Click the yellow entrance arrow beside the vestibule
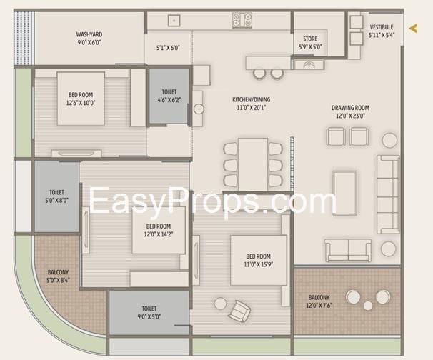point(414,28)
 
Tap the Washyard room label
point(89,34)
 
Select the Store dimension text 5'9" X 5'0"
point(310,47)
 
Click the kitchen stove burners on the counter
point(242,19)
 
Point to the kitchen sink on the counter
point(174,21)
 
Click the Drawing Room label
point(350,108)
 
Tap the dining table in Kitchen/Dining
point(253,164)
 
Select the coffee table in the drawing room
point(344,193)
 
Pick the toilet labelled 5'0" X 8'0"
point(56,196)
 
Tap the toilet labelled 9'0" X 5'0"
point(149,313)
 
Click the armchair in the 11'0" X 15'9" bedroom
point(239,311)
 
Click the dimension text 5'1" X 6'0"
point(168,48)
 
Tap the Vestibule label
point(382,27)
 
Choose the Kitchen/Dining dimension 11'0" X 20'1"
point(252,108)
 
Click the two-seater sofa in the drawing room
point(348,251)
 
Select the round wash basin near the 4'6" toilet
point(199,109)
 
